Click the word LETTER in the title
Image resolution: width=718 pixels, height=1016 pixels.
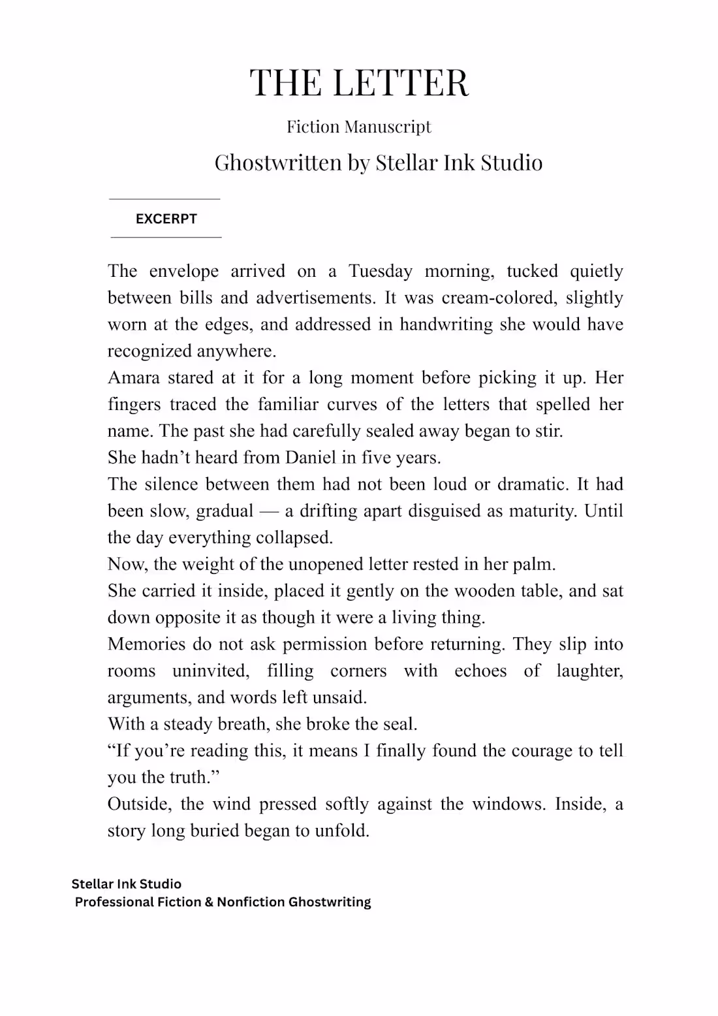click(x=400, y=83)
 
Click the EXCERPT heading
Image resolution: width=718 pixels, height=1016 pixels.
click(x=166, y=219)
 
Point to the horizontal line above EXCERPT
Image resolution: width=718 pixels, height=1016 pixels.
click(x=164, y=199)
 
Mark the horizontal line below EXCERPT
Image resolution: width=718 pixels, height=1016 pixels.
click(x=166, y=237)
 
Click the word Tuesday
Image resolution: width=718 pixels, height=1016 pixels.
click(x=380, y=271)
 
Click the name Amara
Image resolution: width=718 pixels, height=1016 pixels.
click(x=133, y=378)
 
